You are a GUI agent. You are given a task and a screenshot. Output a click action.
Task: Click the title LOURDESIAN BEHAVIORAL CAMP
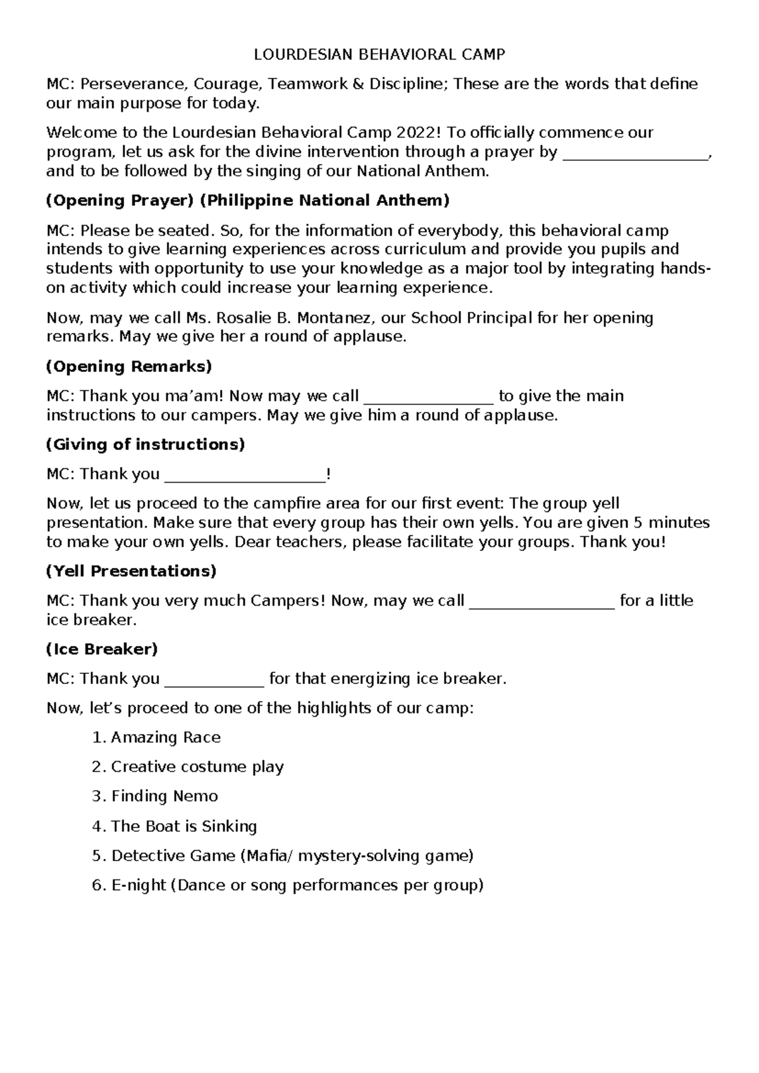[379, 54]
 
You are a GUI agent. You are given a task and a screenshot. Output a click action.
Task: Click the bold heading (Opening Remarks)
[129, 366]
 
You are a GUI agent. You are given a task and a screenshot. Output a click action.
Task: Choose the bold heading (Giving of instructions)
[145, 444]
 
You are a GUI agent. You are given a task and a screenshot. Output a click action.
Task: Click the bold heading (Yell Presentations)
[132, 571]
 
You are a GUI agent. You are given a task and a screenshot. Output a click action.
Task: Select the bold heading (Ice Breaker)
[102, 649]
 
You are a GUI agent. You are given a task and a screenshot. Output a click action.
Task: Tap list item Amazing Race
[166, 738]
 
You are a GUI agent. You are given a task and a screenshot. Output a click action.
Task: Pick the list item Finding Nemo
[164, 797]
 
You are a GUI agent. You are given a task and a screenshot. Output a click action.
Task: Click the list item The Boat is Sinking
[183, 826]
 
